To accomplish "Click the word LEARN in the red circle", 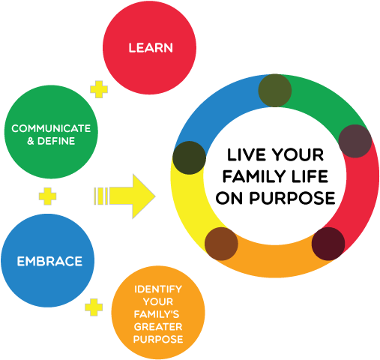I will click(x=151, y=48).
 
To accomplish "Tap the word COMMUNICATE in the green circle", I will click(x=51, y=128).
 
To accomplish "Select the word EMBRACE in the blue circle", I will click(x=49, y=262).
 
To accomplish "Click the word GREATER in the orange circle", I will click(x=157, y=327).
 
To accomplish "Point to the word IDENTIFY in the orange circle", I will click(x=157, y=289).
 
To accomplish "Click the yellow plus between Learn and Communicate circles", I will click(x=97, y=89).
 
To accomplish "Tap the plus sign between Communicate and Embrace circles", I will click(x=47, y=196).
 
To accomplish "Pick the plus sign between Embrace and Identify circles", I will click(x=94, y=307).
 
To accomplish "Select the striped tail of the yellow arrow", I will click(x=101, y=196).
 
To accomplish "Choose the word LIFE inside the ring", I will click(x=308, y=178).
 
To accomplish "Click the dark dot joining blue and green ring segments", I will click(x=274, y=91).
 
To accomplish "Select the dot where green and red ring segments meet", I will click(x=355, y=140).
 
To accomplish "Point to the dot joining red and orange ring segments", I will click(x=328, y=242).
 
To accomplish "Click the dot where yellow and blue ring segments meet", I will click(x=188, y=157).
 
